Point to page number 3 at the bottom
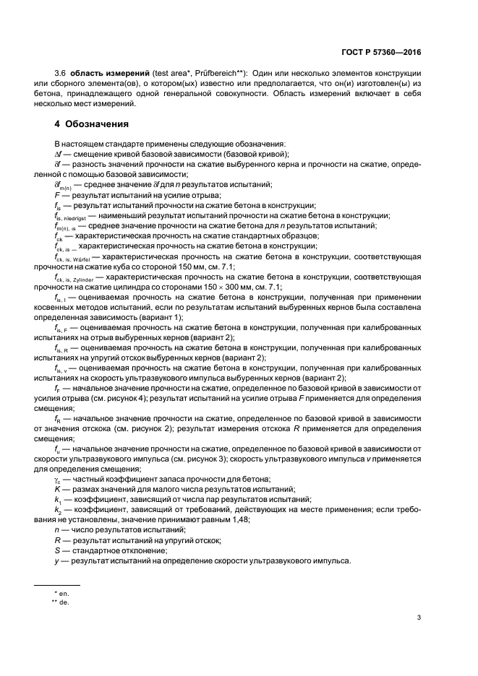pos(419,617)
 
